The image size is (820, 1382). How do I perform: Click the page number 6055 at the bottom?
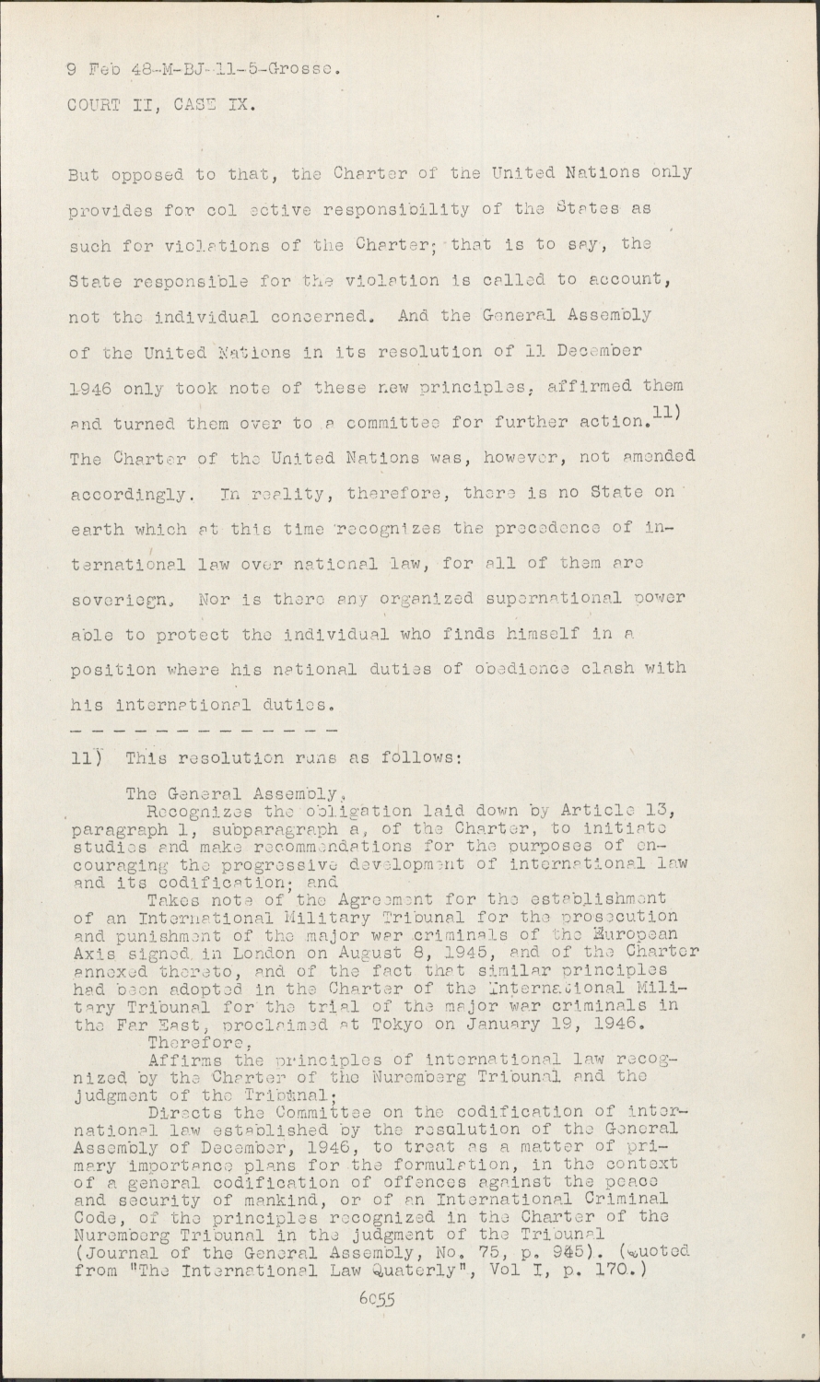click(x=377, y=1301)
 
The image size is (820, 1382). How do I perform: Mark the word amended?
click(x=656, y=456)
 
